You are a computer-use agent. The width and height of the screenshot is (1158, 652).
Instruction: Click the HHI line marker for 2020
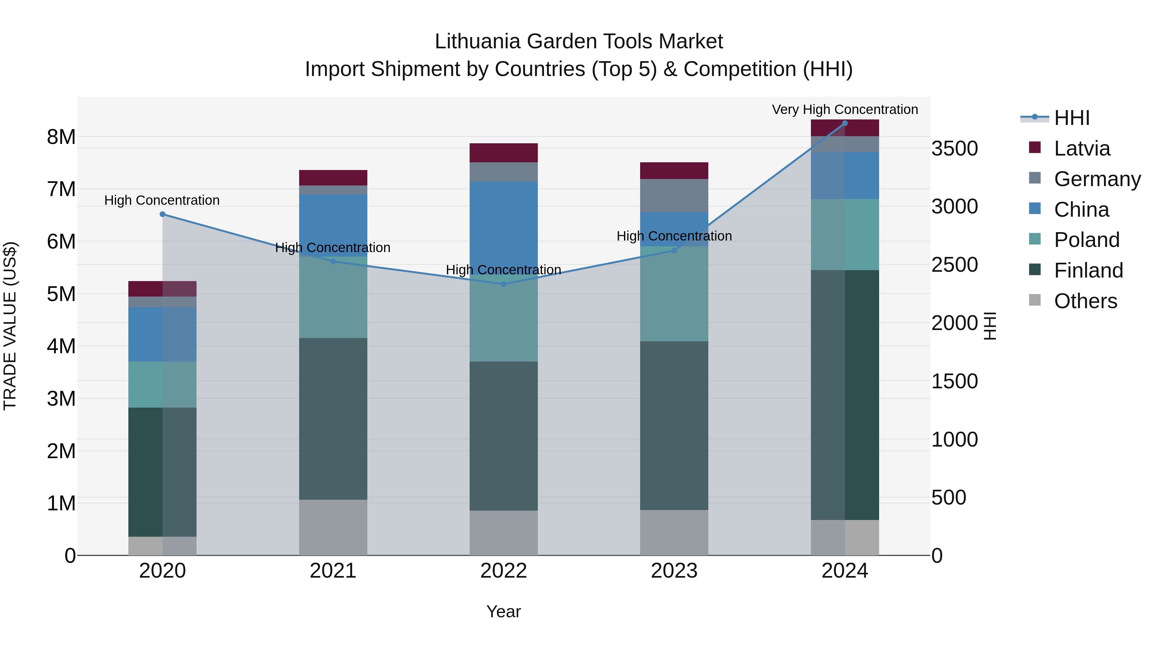[162, 214]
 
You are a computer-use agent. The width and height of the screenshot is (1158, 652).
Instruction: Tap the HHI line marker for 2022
[503, 284]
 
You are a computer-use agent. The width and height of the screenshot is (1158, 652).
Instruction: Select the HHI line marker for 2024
[845, 123]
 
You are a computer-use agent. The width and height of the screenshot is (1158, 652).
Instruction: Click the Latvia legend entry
[1081, 148]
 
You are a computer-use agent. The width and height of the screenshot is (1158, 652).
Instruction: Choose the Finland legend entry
[1088, 270]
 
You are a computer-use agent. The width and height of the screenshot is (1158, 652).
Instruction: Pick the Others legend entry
[1085, 301]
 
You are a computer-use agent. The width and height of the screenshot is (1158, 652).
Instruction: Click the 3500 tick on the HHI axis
[954, 148]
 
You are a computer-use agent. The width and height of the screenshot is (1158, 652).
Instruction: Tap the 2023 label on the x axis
[674, 571]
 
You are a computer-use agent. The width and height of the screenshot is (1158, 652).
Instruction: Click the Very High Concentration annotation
[845, 109]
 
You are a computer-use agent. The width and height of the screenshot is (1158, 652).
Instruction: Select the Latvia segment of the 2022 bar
[503, 153]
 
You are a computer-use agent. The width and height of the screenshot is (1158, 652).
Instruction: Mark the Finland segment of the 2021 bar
[333, 419]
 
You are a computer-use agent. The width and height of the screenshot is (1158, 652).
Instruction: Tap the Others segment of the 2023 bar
[674, 532]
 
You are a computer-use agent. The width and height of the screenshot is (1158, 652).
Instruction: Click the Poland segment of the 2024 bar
[845, 234]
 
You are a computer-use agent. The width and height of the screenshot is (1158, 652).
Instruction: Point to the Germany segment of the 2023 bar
[674, 195]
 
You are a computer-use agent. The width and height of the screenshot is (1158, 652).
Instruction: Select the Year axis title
[503, 611]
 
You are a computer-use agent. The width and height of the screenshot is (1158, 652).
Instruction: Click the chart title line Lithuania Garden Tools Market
[579, 42]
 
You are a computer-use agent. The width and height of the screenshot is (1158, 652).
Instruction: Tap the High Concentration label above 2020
[162, 200]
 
